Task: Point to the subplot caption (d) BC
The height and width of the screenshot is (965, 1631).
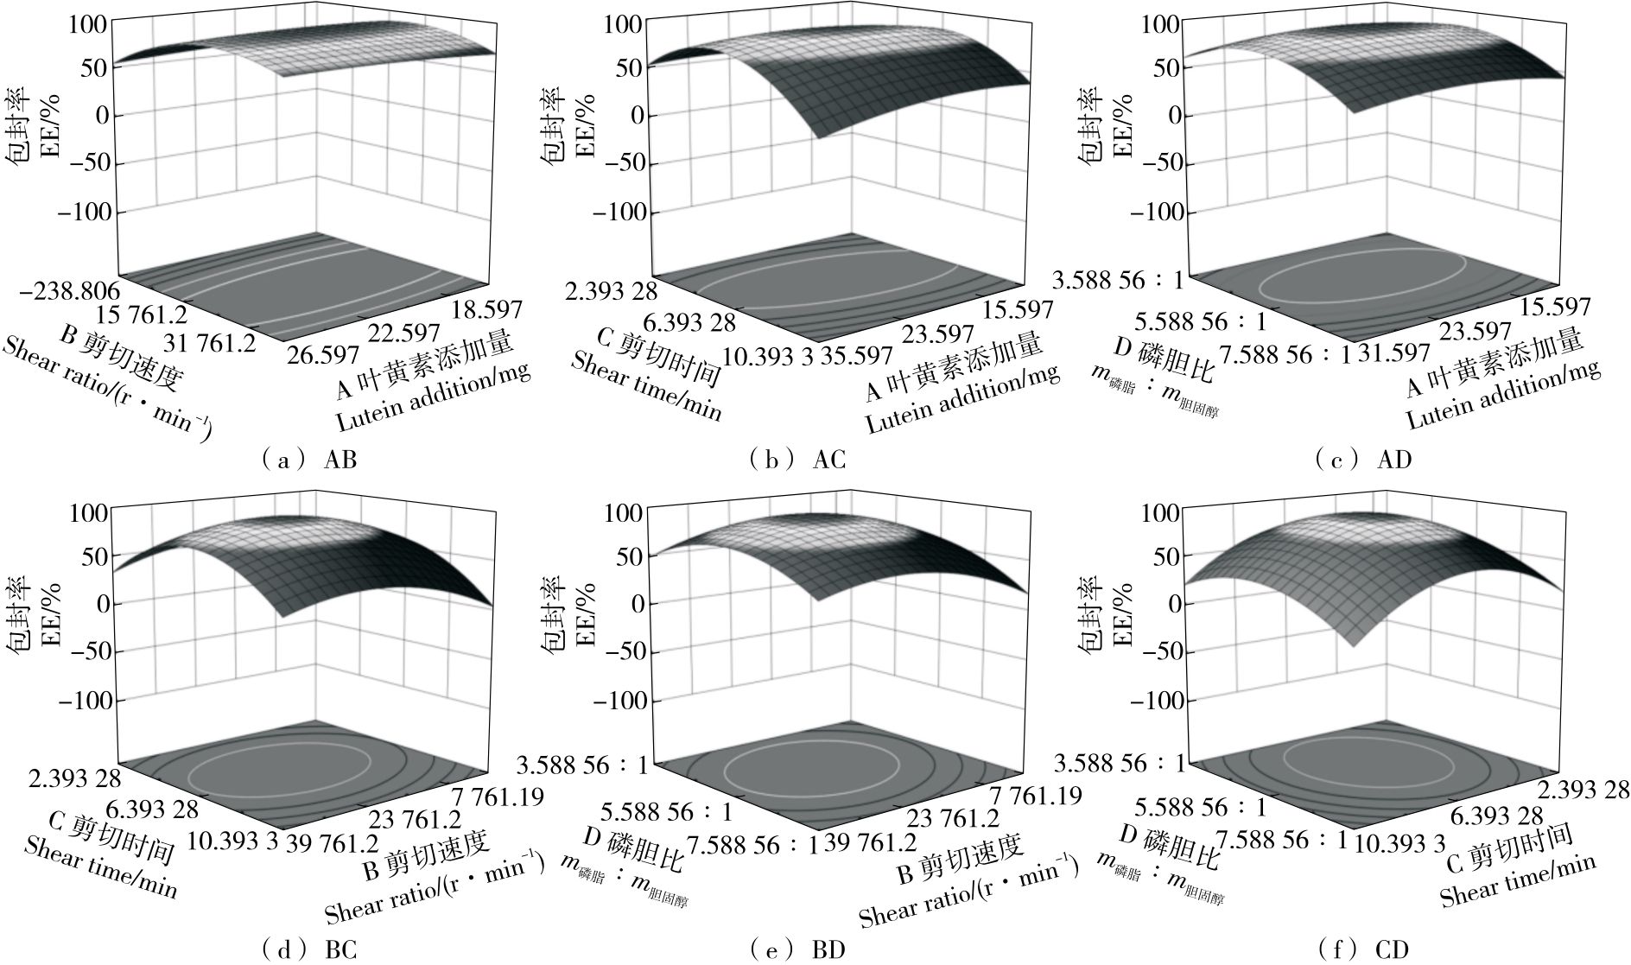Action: (x=309, y=950)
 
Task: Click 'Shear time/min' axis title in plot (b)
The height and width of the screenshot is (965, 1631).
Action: (x=646, y=384)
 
